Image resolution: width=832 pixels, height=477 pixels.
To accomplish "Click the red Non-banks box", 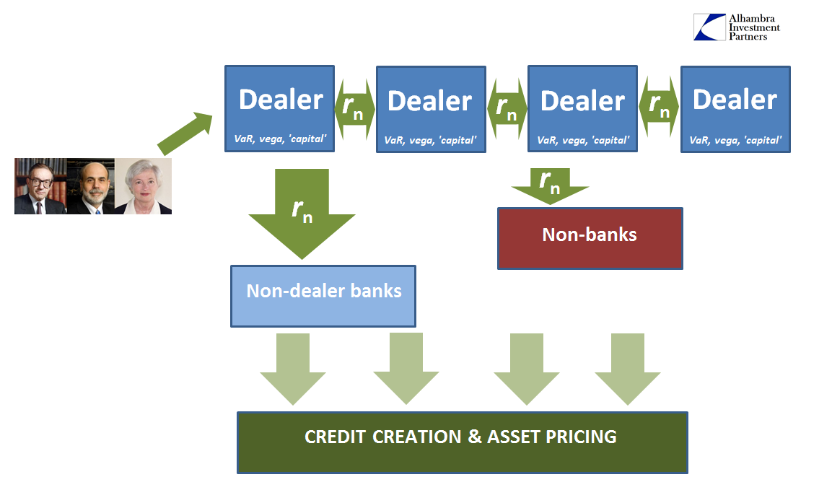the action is (x=590, y=238).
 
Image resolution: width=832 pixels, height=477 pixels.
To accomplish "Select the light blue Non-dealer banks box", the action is (x=323, y=296).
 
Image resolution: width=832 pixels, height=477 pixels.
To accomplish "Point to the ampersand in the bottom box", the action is (x=475, y=437).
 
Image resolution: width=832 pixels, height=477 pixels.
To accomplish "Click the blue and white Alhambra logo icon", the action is (x=709, y=27).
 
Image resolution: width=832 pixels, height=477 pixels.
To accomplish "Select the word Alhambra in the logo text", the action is (x=751, y=19).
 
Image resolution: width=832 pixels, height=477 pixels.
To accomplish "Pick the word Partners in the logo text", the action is (x=748, y=37).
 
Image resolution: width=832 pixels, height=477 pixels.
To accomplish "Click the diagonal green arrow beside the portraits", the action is (x=185, y=134).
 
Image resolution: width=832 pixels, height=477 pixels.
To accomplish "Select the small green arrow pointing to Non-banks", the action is (x=551, y=186).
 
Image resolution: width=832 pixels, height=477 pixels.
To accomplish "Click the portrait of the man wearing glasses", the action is (x=40, y=186).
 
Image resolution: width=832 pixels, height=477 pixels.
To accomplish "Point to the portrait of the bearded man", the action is (x=91, y=186).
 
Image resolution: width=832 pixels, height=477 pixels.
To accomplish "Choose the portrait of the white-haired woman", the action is (x=144, y=186).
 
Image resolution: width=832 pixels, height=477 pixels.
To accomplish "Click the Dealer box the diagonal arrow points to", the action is (x=280, y=109).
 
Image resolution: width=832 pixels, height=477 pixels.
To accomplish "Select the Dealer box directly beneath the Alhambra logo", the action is (x=735, y=109).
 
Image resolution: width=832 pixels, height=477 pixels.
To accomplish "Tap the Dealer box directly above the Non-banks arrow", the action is (x=582, y=109).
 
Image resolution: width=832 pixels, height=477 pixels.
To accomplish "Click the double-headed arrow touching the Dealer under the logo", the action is (x=659, y=108).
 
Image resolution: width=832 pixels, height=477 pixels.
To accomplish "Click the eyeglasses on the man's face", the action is (x=41, y=183).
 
